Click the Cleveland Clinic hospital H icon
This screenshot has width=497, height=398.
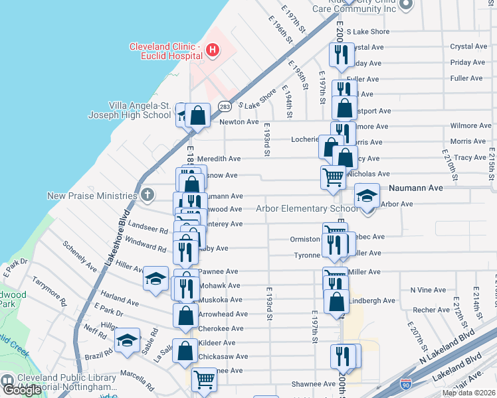click(x=212, y=49)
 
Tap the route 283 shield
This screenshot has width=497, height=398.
click(x=225, y=106)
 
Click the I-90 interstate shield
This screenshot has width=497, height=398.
click(x=406, y=384)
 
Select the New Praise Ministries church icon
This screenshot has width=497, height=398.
click(x=148, y=195)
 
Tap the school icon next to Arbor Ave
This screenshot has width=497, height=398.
click(x=366, y=196)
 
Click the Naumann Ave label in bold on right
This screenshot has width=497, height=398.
click(x=416, y=188)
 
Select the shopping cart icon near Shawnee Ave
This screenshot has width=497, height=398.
click(x=204, y=380)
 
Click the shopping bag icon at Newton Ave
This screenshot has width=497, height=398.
click(x=198, y=115)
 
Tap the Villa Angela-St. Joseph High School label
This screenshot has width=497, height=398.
click(x=140, y=110)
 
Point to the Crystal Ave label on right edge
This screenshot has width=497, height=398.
click(x=468, y=46)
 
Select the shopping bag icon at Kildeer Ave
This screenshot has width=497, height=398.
click(x=186, y=350)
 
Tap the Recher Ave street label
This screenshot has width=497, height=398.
click(x=431, y=310)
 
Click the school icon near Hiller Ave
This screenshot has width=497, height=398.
click(x=155, y=279)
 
